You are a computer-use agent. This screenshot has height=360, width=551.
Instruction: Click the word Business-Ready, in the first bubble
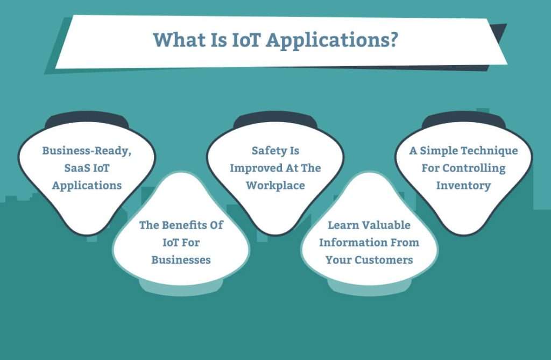coord(87,151)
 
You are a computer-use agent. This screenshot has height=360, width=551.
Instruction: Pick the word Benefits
coord(181,225)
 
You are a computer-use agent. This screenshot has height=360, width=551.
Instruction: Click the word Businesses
coord(181,259)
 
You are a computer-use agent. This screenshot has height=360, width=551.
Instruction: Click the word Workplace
coord(275,185)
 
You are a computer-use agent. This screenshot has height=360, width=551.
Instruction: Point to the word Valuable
coord(384,225)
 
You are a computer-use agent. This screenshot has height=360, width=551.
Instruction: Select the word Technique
coord(491,151)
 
